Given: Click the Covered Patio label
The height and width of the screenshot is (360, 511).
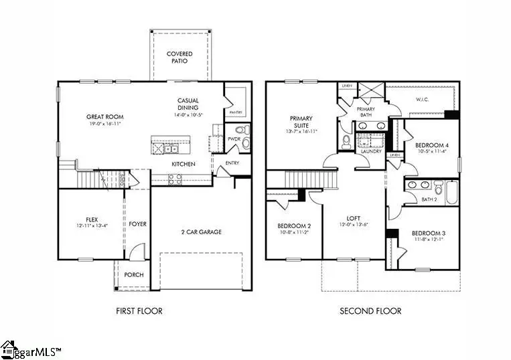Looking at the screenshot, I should tap(179, 57).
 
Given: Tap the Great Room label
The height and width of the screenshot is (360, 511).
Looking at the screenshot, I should tap(104, 117).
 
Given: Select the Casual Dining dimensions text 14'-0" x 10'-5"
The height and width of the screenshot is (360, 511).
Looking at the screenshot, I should tap(188, 114).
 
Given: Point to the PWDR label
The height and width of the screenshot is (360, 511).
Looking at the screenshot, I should tap(234, 140).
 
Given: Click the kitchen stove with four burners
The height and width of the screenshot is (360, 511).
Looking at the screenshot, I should tap(174, 179).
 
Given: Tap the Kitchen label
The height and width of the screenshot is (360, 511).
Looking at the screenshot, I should tap(184, 164).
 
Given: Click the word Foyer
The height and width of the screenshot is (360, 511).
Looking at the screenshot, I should tap(138, 224).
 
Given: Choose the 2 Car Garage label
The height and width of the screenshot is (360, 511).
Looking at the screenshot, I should tap(201, 232).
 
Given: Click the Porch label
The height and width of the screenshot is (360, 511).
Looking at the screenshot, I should tap(134, 275).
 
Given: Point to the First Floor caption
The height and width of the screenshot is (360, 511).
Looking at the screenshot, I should tap(139, 311).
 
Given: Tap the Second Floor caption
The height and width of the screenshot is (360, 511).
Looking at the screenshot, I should tap(370, 311).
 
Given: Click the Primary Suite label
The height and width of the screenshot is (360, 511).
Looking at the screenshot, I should tap(301, 122).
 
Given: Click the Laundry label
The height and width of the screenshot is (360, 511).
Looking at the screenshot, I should tap(371, 151).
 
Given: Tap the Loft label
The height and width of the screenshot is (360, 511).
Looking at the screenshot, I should tap(354, 218).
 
